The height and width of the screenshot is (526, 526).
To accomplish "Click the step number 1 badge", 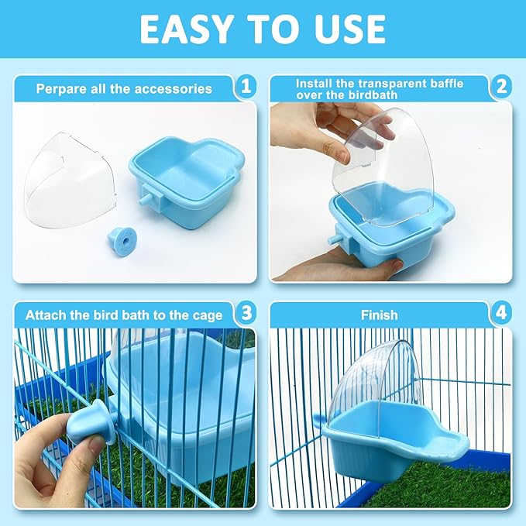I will coord(246,88).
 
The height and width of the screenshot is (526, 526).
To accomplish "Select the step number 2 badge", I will coord(501,88).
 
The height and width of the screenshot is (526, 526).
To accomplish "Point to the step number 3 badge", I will coord(246,314).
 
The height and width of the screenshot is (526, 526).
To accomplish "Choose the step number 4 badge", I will coord(501,314).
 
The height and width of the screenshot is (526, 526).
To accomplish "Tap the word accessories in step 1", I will coord(174,89).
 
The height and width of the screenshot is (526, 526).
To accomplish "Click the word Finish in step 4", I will coord(379,315).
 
